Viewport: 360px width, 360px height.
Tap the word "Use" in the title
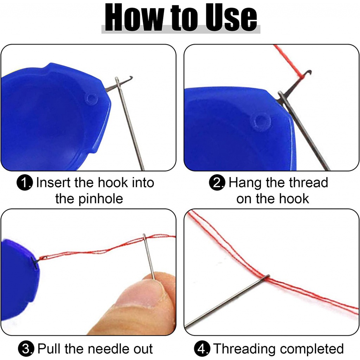[231, 18]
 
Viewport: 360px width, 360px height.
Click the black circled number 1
[25, 183]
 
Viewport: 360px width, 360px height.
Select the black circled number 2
[217, 183]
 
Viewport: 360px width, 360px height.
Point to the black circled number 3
[26, 348]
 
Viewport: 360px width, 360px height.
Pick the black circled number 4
[202, 348]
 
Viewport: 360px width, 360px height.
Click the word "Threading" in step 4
[244, 349]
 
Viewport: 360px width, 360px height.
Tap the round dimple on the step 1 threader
[91, 99]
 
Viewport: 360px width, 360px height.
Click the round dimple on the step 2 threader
[261, 121]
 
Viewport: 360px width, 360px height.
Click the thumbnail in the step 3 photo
[140, 294]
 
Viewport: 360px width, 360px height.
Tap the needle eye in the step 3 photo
[144, 237]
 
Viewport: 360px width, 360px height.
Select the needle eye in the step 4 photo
[267, 277]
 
